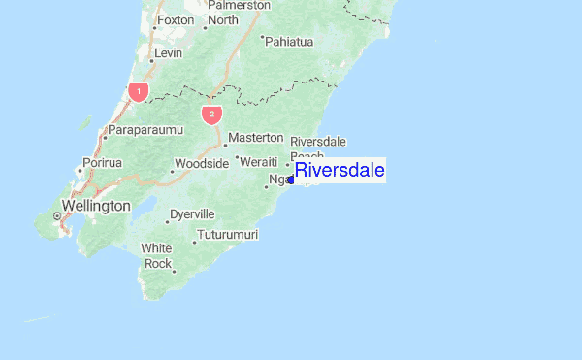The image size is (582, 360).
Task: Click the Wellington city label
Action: point(95,206)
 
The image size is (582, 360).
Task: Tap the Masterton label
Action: point(256,139)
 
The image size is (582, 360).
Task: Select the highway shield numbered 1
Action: point(139,92)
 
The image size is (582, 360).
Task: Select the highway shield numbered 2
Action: point(211,114)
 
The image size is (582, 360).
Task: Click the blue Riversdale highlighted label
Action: point(339,171)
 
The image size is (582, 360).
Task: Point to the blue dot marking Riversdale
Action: point(291,180)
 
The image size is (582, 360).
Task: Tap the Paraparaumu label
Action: point(145,129)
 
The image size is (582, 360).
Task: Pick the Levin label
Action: point(169,52)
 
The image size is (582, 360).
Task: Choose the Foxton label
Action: point(176,19)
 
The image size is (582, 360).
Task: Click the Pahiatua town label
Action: point(291,42)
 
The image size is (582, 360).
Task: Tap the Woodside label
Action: point(202,163)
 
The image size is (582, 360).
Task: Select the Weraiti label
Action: point(259,161)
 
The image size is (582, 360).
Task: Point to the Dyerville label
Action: point(192,213)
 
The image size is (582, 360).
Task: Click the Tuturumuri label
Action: point(228,235)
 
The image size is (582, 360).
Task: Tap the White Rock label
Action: point(157,256)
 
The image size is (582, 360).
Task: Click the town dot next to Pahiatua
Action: point(263,38)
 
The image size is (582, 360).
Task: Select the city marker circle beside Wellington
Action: point(56,214)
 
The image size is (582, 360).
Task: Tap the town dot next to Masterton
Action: point(225,146)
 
